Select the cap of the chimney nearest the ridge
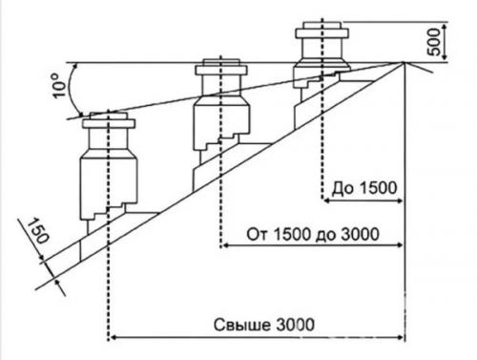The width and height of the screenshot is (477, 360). pyautogui.click(x=322, y=26)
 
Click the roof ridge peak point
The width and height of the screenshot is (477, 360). pyautogui.click(x=404, y=64)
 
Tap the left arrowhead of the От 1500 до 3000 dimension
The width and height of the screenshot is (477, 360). pyautogui.click(x=225, y=245)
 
